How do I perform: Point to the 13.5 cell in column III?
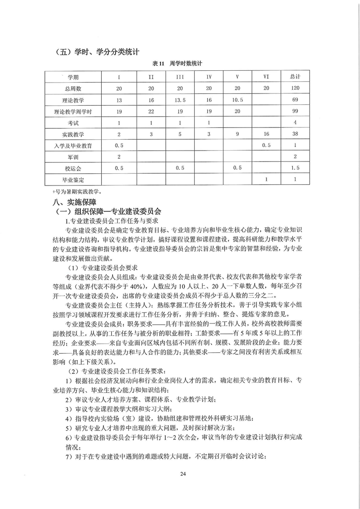180,100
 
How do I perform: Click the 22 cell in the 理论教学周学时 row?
151,111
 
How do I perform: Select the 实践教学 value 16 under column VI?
266,134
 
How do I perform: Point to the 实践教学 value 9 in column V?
237,134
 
